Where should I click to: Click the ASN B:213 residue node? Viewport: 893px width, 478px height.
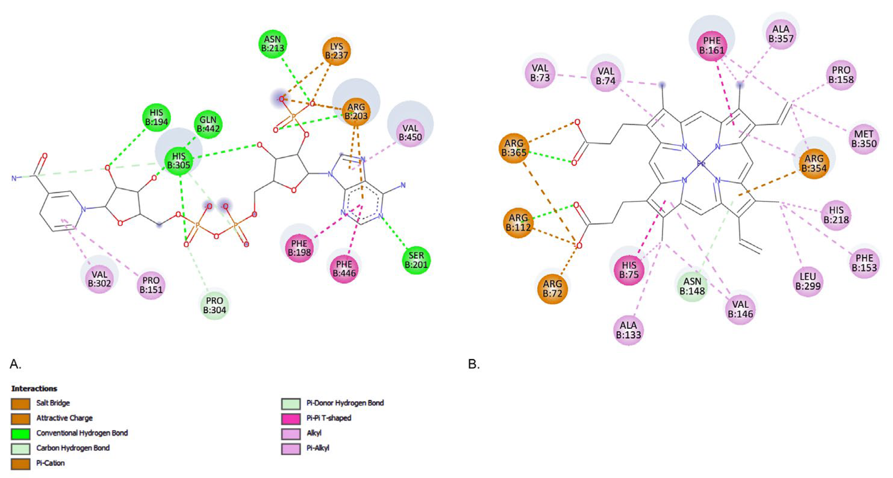coord(272,44)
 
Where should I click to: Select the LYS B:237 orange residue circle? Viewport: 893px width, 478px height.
coord(336,51)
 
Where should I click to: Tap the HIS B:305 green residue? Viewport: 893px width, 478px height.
coord(179,161)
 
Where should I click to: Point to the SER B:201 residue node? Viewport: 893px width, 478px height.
coord(416,260)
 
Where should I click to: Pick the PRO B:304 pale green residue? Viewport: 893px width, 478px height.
coord(215,305)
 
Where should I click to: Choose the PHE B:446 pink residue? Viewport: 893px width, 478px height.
coord(344,269)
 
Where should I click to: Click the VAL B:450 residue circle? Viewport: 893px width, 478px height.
coord(410,133)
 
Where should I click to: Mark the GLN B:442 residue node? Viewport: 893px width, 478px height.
coord(208,124)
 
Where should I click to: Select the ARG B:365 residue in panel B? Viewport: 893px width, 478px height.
coord(514,148)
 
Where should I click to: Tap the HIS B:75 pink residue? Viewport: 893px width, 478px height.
coord(629,269)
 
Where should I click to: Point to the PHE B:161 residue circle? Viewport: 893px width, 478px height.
coord(712,46)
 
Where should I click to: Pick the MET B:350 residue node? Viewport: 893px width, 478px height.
coord(864,139)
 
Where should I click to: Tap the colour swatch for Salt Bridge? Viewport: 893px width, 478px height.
coord(20,404)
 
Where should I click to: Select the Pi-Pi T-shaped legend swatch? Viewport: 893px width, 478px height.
coord(290,418)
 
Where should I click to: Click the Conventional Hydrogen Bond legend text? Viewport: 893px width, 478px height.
coord(82,433)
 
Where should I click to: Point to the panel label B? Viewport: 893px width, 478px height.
coord(474,364)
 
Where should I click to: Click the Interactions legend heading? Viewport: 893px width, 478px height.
coord(34,388)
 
